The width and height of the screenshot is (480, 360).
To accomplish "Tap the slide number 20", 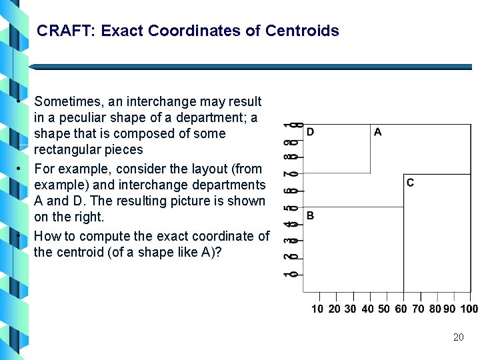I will [x=458, y=337].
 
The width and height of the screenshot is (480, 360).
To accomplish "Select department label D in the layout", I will [x=310, y=132].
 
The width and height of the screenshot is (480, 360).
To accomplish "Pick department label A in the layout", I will [x=378, y=132].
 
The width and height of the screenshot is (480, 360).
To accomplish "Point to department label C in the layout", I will [x=410, y=183].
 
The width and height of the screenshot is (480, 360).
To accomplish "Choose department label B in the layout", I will [x=310, y=216].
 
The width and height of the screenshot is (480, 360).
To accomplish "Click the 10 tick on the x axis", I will [x=318, y=309].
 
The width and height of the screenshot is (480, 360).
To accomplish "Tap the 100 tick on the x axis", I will [x=469, y=309].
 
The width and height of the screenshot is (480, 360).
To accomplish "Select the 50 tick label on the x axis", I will [x=384, y=309].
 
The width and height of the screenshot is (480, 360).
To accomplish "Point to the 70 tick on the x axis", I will [x=418, y=309].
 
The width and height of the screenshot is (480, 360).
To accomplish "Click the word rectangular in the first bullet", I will [x=68, y=150].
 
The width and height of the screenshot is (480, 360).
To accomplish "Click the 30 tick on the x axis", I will [x=351, y=309].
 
